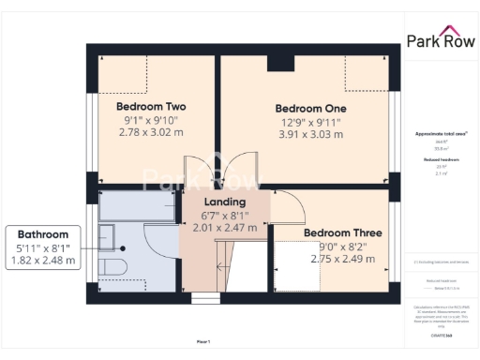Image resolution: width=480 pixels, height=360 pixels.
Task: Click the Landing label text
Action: pos(225,202)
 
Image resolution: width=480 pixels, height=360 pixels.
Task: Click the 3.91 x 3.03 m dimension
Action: pos(309,134)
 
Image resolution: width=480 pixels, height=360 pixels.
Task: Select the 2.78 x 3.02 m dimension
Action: pos(150,133)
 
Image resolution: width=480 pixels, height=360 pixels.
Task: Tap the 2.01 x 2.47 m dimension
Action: pos(225,227)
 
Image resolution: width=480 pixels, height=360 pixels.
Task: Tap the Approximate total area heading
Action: pos(440,134)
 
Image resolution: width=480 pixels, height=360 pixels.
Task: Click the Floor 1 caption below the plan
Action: pos(203,342)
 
